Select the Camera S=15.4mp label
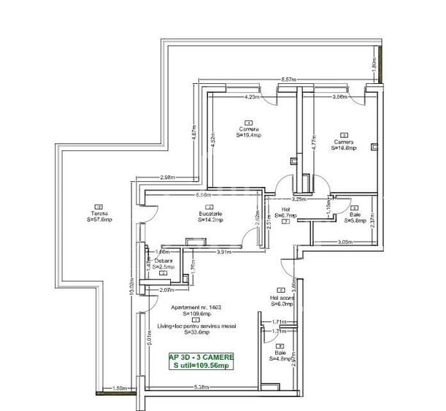[x=248, y=131]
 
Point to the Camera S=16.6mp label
[x=345, y=144]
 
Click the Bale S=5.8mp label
[x=355, y=218]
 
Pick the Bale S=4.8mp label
[x=280, y=356]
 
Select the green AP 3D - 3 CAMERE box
[x=201, y=361]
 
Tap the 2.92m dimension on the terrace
[x=167, y=177]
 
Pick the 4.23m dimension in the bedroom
[x=252, y=96]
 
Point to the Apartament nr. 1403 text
[x=193, y=309]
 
